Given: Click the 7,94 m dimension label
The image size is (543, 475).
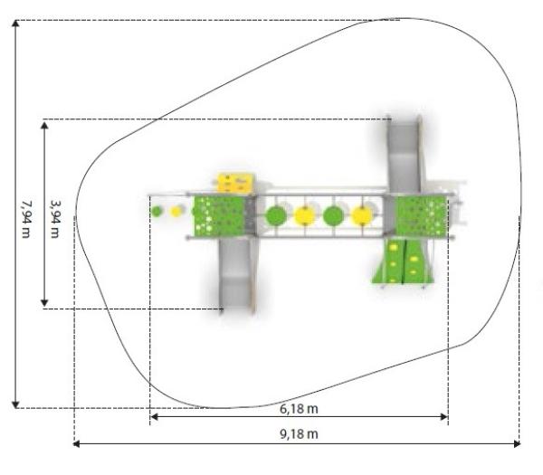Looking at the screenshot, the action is click(x=26, y=219).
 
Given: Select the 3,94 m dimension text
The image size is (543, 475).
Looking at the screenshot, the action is click(x=55, y=219).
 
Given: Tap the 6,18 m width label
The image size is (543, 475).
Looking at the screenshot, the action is click(x=299, y=409).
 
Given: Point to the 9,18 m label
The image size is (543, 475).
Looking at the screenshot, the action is click(x=299, y=433).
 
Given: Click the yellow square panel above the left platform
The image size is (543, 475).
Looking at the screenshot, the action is click(x=236, y=183).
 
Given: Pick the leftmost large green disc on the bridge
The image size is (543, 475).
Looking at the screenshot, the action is click(x=276, y=215).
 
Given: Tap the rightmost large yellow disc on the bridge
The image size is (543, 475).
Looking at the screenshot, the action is click(x=362, y=215).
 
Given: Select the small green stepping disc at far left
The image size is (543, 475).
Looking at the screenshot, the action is click(x=157, y=211).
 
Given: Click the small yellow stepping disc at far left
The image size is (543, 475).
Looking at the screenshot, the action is click(x=176, y=211).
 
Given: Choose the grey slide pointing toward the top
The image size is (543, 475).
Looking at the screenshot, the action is click(x=405, y=154).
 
